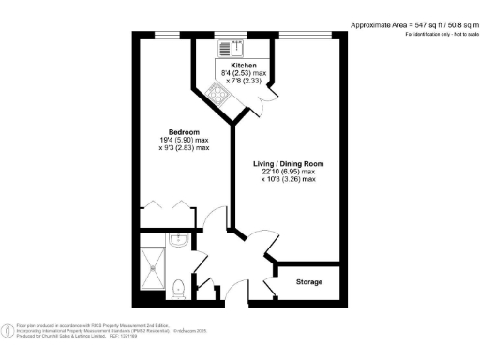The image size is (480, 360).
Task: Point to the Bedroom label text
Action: pos(184,131)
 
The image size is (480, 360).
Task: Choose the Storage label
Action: pos(309,281)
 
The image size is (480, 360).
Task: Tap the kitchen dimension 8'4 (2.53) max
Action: pos(244,74)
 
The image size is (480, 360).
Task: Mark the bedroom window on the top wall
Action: pos(167,36)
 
